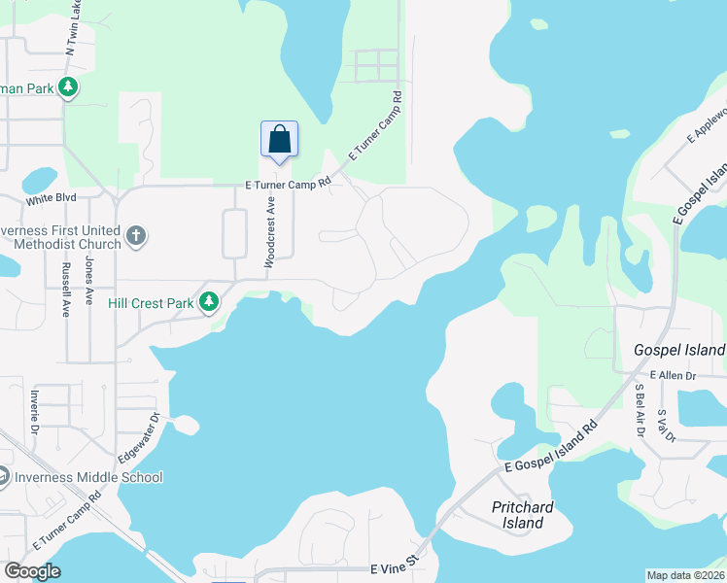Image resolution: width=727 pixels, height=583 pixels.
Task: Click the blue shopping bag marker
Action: point(279,139)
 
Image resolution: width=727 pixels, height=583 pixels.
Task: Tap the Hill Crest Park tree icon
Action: point(209,303)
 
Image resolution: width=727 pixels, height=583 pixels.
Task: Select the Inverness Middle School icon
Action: point(3,477)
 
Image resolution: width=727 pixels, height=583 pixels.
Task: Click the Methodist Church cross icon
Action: point(136,235)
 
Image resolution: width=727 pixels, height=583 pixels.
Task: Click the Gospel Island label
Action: point(679,349)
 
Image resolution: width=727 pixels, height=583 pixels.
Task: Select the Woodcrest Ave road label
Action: point(272,231)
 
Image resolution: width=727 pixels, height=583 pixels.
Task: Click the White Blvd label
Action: point(51,200)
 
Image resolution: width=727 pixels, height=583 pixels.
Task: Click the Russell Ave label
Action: point(66,289)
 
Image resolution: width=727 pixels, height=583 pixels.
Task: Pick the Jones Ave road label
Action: point(88,283)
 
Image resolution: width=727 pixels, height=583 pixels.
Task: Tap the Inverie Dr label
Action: point(34,413)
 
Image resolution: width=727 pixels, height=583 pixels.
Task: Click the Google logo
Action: point(33,571)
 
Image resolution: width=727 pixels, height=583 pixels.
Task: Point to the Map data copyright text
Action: point(686,575)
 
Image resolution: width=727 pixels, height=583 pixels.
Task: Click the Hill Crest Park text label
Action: point(151,303)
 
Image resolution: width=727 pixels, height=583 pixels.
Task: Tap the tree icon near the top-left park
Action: point(68,87)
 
